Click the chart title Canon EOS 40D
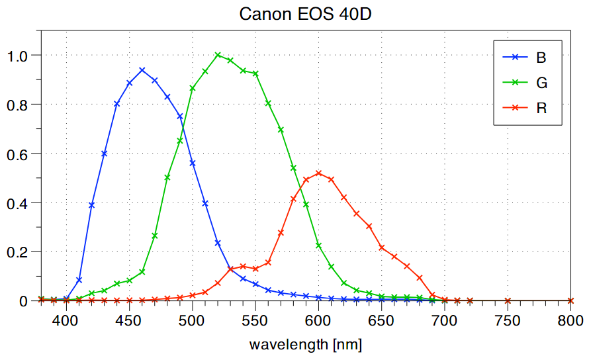click(x=306, y=13)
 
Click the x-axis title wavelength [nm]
click(x=305, y=345)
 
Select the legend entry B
click(x=541, y=58)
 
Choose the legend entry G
click(x=541, y=83)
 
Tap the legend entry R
click(x=541, y=108)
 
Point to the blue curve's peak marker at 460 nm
click(x=142, y=70)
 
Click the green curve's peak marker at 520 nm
click(x=218, y=55)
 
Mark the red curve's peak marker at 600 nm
click(x=318, y=173)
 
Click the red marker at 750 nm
click(x=508, y=301)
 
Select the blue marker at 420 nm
click(x=91, y=205)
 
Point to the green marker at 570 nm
click(x=281, y=130)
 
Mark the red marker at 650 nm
click(x=382, y=247)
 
